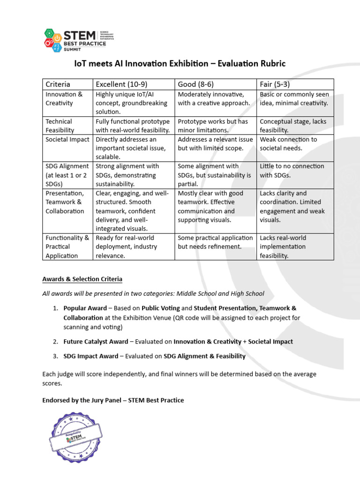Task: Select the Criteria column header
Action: [58, 84]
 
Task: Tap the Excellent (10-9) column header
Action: [121, 84]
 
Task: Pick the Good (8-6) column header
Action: [195, 84]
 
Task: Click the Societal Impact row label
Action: [67, 140]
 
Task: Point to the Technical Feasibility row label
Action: [60, 126]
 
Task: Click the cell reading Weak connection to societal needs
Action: [288, 144]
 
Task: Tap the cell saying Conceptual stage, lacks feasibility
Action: [293, 126]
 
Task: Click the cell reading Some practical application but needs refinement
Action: [215, 242]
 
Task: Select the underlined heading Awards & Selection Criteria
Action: [82, 279]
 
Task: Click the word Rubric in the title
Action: [269, 63]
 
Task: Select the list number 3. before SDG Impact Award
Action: [55, 356]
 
